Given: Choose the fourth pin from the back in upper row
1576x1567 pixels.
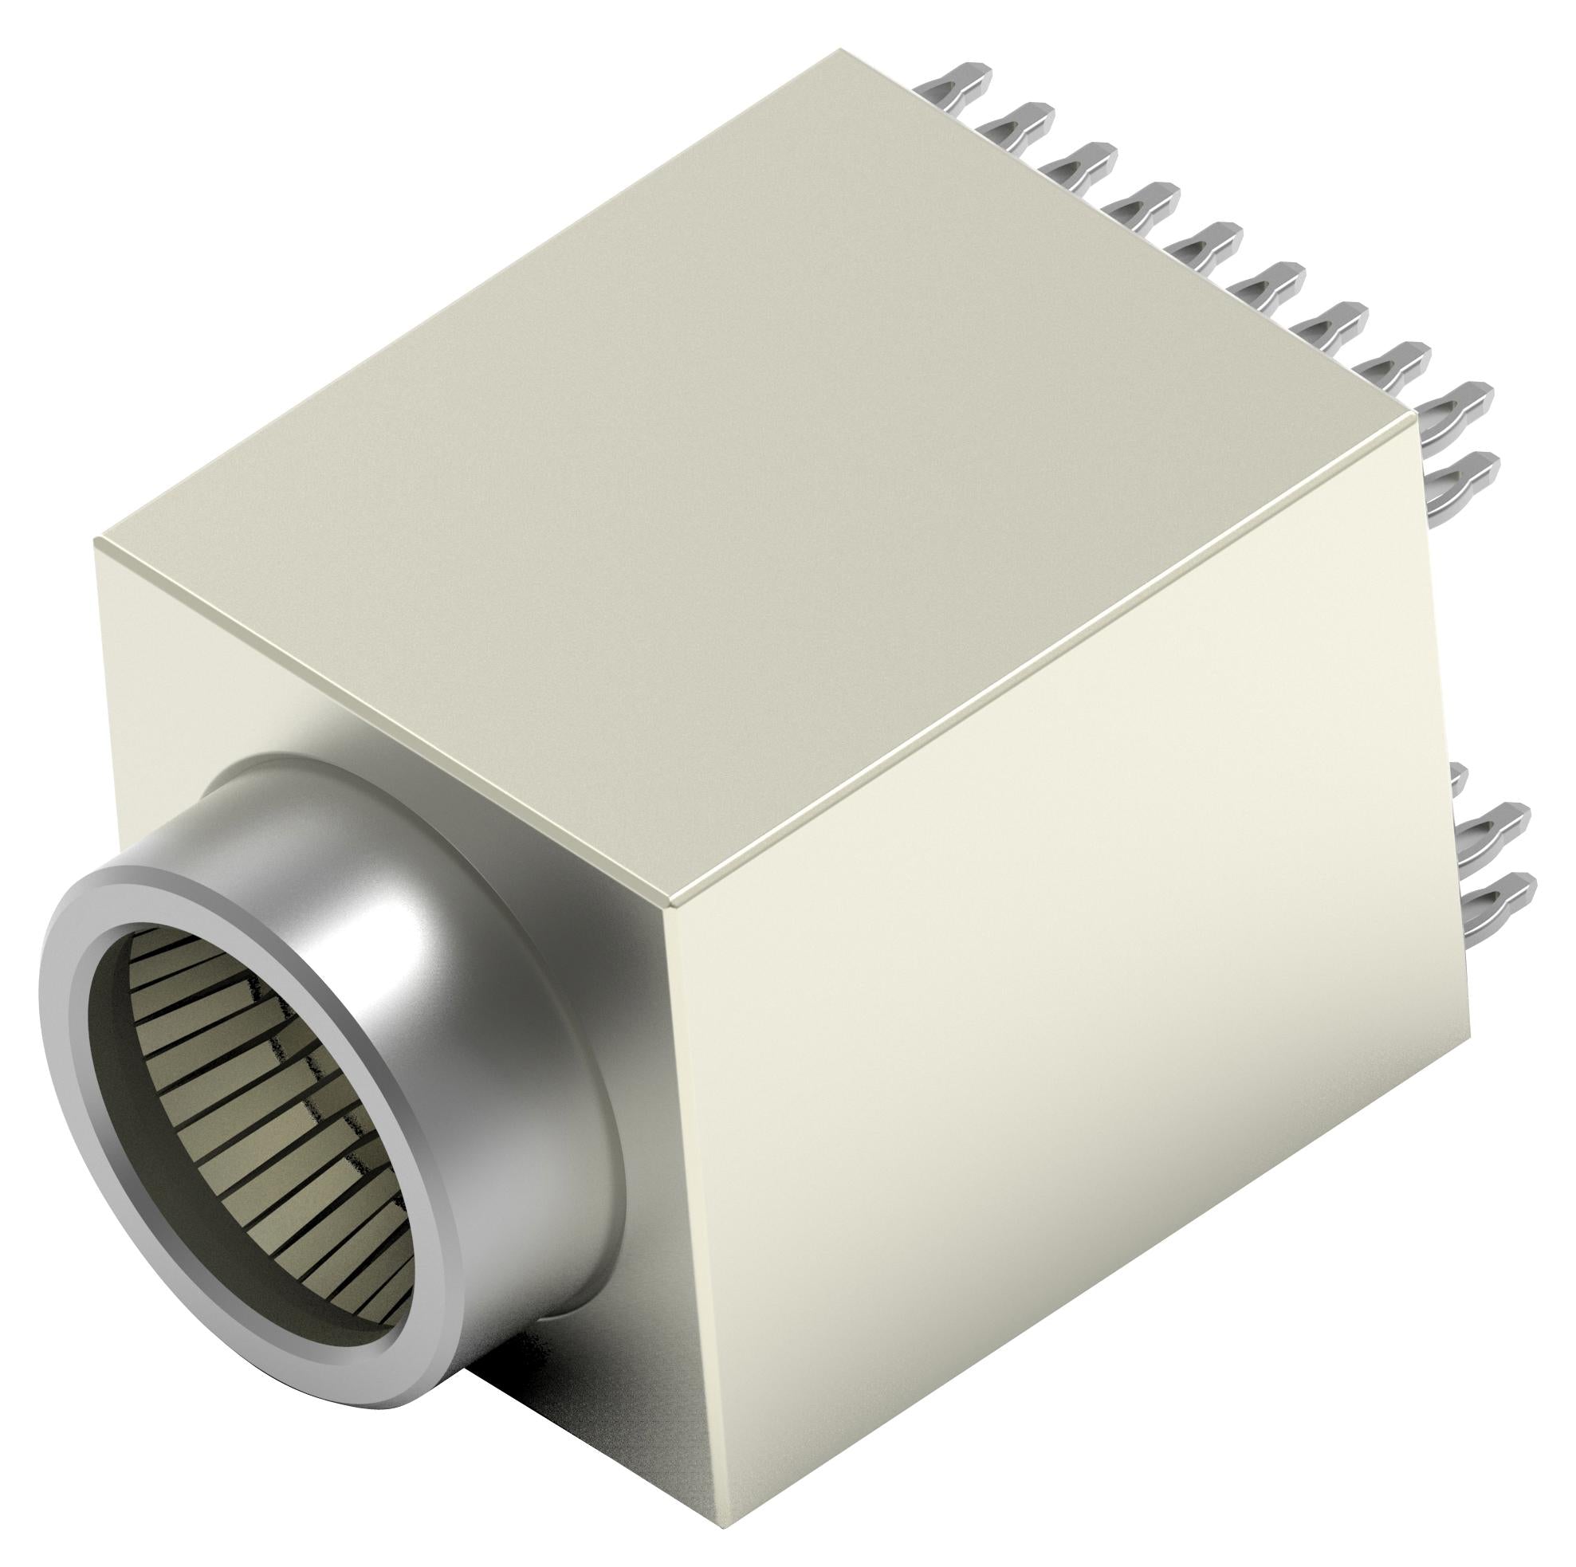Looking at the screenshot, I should [x=1146, y=201].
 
